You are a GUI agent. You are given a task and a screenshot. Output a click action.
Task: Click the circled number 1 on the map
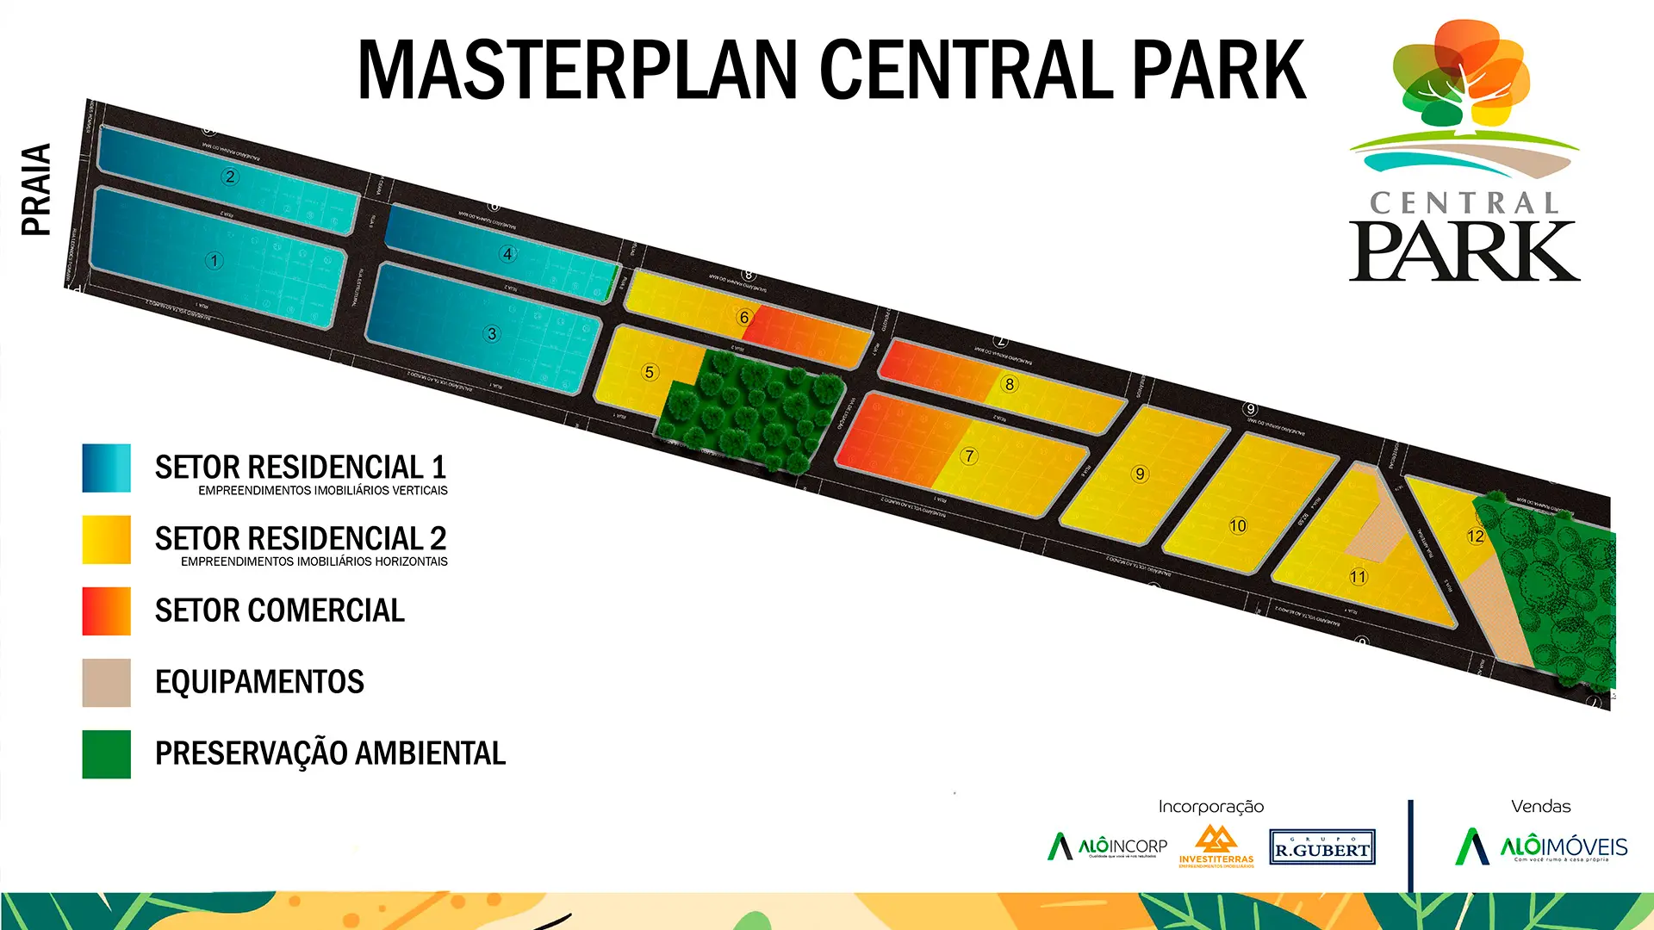(215, 260)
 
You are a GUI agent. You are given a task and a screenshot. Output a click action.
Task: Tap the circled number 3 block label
(492, 333)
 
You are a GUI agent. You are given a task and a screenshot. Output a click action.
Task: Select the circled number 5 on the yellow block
(650, 372)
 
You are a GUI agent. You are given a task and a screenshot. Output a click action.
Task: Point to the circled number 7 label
(969, 456)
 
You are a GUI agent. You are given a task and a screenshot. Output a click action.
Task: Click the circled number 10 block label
(1238, 525)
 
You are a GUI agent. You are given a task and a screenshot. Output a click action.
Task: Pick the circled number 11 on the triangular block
(1359, 577)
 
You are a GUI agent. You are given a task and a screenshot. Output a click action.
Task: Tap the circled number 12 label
(1476, 536)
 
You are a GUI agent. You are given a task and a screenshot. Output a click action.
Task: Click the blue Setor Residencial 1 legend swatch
(107, 468)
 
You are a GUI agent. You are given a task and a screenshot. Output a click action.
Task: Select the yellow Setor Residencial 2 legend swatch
(107, 540)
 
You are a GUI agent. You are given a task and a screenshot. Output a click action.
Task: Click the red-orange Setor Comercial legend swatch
(107, 611)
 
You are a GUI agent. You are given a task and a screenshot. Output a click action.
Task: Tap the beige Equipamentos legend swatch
(107, 683)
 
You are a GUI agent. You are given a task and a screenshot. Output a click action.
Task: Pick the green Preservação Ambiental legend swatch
(107, 754)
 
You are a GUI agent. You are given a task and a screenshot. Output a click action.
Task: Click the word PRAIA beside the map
(36, 189)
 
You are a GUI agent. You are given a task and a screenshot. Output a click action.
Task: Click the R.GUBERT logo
(1322, 847)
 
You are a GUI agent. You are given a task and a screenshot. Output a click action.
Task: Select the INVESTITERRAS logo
(1216, 846)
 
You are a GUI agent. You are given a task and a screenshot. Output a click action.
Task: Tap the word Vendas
(1541, 807)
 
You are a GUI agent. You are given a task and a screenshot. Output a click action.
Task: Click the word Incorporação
(1211, 807)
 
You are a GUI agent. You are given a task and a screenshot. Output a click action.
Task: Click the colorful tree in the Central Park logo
(1463, 77)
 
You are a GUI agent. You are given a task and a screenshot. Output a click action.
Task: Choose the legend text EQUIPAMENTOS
(259, 682)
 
